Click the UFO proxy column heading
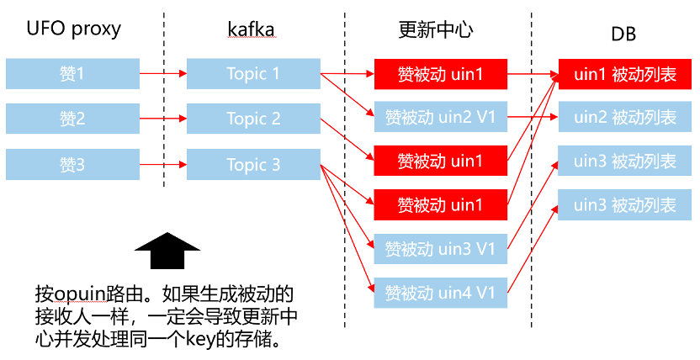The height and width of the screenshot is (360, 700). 74,29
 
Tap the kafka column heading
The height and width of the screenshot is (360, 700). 251,29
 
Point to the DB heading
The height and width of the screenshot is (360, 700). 623,34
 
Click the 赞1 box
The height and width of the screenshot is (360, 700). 72,74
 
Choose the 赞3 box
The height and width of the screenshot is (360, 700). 72,164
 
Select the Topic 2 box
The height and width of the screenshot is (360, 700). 253,119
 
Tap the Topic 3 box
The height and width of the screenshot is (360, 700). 253,164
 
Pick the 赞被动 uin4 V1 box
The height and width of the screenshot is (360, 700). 441,292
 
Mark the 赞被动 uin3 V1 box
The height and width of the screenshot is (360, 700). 441,248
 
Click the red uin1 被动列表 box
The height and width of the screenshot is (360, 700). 624,73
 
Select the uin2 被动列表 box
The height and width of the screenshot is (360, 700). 624,117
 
